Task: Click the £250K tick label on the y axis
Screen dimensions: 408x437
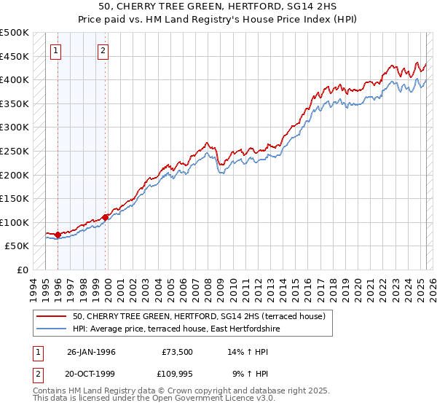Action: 15,151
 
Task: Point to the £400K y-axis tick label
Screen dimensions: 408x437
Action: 15,79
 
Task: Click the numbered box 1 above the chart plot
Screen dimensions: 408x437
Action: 57,51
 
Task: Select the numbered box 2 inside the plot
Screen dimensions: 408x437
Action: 103,51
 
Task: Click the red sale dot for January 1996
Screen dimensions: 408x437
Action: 58,235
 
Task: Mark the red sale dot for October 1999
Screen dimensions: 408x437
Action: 105,217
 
